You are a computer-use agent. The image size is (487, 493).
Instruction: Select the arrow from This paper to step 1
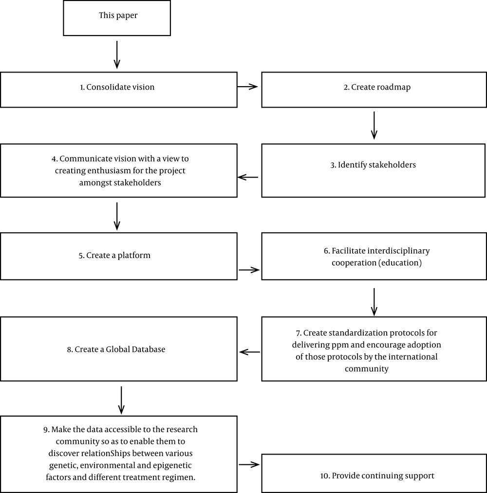click(117, 55)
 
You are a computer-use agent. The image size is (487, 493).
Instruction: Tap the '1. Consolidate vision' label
click(117, 87)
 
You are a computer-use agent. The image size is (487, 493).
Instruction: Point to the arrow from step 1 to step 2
click(247, 87)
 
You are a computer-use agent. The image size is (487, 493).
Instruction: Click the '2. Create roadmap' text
click(377, 87)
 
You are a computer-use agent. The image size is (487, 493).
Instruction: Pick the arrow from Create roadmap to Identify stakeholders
click(374, 126)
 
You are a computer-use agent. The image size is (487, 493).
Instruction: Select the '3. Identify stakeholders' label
click(373, 165)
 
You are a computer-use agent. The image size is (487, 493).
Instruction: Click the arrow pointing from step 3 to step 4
click(248, 177)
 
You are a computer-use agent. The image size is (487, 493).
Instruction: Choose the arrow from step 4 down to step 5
click(117, 216)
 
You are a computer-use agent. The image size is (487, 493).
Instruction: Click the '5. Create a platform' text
click(114, 256)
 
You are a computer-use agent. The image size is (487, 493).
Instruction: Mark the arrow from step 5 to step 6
click(249, 270)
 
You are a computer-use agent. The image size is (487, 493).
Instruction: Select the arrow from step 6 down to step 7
click(374, 302)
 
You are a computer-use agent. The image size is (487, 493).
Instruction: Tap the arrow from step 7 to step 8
click(249, 352)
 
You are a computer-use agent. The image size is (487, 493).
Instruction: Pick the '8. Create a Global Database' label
click(116, 349)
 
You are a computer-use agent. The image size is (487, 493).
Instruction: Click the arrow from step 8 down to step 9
click(121, 401)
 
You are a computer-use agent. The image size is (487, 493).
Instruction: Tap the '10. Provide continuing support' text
click(377, 475)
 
